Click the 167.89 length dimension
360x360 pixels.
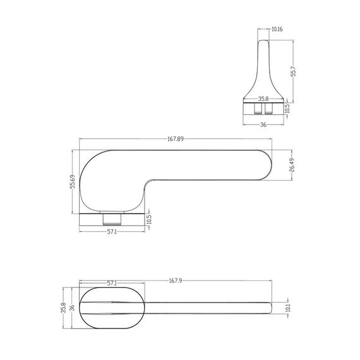coord(176,139)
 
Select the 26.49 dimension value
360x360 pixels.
coord(292,165)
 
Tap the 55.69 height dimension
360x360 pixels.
coord(73,181)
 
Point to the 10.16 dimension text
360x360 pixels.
coord(277,29)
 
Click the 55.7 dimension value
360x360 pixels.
coord(294,71)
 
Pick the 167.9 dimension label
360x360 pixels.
coord(176,280)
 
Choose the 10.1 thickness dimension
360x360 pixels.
coord(289,308)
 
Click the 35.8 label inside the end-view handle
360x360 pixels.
coord(263,99)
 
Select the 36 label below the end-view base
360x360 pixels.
coord(263,124)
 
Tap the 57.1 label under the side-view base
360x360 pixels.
coord(112,232)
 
